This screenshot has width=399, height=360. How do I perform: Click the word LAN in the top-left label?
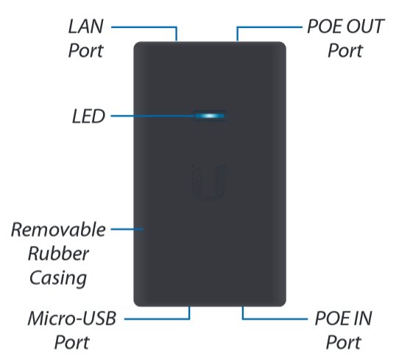click(85, 27)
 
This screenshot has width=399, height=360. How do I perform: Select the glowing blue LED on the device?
click(210, 116)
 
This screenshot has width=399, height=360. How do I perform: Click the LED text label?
click(88, 116)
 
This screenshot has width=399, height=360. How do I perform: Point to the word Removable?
click(58, 230)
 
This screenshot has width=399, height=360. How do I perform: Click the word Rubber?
click(58, 254)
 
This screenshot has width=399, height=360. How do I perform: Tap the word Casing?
click(58, 278)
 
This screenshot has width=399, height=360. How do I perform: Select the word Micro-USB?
click(72, 318)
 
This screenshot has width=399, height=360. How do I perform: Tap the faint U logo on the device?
click(208, 181)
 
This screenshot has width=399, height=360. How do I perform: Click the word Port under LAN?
click(85, 50)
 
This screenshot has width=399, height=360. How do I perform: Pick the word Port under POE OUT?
click(345, 50)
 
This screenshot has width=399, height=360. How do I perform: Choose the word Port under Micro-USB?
click(72, 342)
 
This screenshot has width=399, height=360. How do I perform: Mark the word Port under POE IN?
click(344, 342)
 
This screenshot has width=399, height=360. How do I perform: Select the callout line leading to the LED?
click(153, 116)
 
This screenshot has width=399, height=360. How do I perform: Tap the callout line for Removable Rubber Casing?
click(127, 229)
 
